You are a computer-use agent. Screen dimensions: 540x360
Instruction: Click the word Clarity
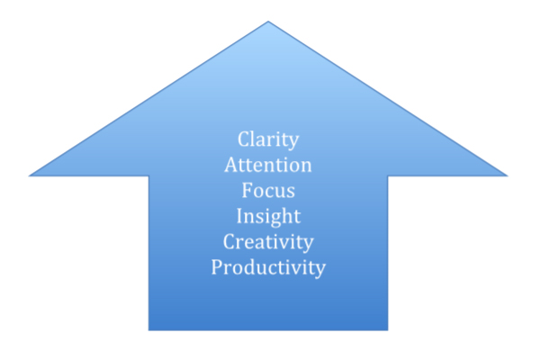tap(268, 139)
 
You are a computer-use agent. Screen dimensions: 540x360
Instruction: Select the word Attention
tap(268, 165)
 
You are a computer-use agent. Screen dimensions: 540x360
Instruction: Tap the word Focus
tap(268, 190)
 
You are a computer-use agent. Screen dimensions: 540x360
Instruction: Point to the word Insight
tap(268, 217)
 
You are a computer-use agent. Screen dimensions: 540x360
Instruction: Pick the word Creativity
tap(268, 242)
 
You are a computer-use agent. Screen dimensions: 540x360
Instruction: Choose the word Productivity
tap(268, 268)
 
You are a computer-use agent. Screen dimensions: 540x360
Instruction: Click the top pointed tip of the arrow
tap(268, 22)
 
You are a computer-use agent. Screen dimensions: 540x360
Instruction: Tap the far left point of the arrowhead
tap(30, 175)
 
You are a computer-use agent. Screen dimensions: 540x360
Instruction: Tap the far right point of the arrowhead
tap(508, 175)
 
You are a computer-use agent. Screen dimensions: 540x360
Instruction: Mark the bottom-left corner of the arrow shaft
tap(148, 330)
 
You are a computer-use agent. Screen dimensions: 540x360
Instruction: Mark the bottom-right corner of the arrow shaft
tap(388, 330)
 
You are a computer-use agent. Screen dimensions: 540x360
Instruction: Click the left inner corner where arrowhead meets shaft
tap(148, 176)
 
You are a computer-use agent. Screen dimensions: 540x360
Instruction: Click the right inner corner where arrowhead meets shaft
tap(388, 176)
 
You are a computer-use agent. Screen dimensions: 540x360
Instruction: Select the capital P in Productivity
tap(217, 267)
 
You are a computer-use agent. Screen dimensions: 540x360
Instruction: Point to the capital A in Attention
tap(231, 165)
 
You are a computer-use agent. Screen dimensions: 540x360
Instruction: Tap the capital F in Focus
tap(247, 190)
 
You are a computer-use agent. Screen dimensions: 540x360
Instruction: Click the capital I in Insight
tap(240, 216)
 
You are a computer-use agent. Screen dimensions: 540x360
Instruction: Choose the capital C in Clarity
tap(244, 139)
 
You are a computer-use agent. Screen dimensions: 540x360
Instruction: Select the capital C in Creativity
tap(229, 241)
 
